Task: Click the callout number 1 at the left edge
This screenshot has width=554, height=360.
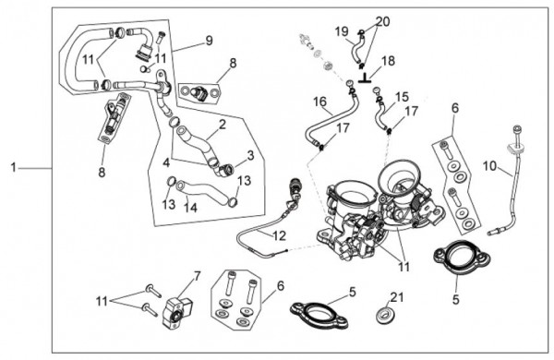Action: [14, 167]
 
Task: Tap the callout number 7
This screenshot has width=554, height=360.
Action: [197, 276]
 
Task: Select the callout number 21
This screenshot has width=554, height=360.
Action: [397, 297]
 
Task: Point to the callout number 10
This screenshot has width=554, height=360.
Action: [489, 165]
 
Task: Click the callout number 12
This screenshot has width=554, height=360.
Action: [279, 235]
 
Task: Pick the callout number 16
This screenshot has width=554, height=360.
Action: [320, 102]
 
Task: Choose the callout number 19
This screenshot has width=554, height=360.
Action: [342, 31]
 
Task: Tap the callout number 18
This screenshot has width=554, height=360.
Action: [388, 61]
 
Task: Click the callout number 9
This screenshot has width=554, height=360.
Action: [210, 41]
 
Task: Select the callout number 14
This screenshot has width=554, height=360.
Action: [190, 208]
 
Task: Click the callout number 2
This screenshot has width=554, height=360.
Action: [222, 125]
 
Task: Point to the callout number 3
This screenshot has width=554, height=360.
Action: [250, 155]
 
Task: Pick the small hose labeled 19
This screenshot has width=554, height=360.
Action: [356, 49]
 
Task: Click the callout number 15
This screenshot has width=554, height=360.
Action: [402, 97]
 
